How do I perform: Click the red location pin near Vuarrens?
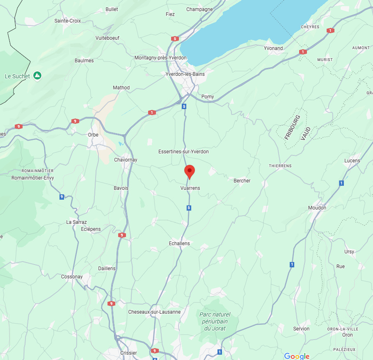(189, 171)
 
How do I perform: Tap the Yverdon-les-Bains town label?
(185, 74)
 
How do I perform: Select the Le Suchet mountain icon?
(37, 76)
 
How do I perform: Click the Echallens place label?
(179, 244)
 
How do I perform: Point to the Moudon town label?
(317, 208)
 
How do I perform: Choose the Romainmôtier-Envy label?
(32, 178)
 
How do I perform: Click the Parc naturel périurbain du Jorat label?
(215, 321)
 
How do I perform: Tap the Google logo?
(297, 356)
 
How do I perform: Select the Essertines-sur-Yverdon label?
(183, 152)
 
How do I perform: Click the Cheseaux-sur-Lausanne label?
(154, 312)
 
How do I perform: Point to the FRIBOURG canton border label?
(292, 127)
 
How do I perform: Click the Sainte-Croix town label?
(68, 21)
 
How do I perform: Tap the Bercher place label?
(242, 181)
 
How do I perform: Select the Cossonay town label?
(72, 277)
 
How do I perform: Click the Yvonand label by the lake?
(273, 48)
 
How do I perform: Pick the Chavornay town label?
(126, 160)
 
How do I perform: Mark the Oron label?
(347, 335)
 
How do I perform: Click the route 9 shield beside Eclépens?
(122, 235)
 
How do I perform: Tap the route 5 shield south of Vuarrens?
(189, 208)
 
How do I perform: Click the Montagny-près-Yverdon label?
(160, 58)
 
